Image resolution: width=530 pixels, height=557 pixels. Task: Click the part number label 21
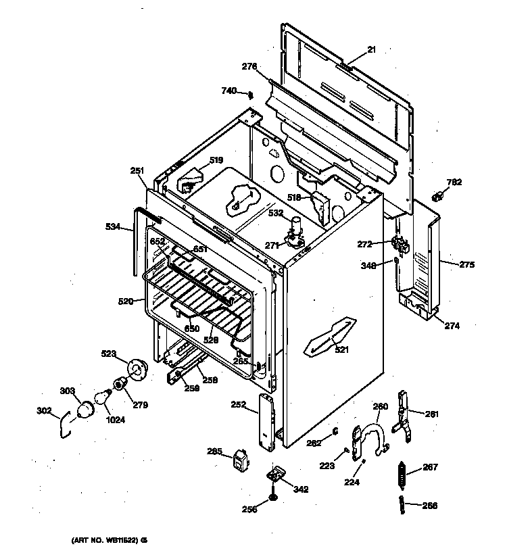372,49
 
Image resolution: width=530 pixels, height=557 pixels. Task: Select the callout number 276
249,66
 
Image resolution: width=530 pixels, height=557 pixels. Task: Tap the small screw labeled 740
250,94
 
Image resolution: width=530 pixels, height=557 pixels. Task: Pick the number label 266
430,505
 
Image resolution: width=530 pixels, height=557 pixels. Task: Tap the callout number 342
301,489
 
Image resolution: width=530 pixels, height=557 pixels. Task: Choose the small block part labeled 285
239,459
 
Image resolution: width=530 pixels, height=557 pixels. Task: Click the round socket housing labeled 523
137,370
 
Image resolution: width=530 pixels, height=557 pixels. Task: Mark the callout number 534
114,227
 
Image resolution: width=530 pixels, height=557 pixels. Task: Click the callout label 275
466,264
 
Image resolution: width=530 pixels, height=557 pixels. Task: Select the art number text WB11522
109,541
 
